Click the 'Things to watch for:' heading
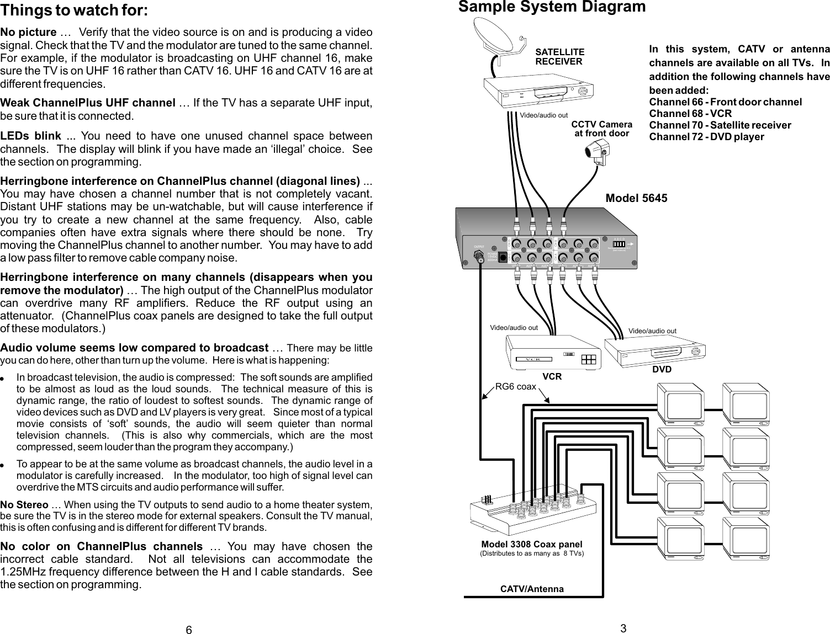point(74,10)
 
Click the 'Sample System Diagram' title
point(552,7)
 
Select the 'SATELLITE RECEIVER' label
point(559,57)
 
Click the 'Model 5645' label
point(636,198)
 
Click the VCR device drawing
point(553,353)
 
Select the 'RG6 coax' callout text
point(515,387)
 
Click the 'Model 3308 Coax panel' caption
point(531,544)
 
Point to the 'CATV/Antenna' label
point(532,589)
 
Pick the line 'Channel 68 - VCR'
point(690,114)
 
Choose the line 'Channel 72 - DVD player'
point(706,137)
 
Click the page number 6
point(188,631)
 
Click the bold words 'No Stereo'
point(24,505)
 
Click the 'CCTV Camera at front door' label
point(601,129)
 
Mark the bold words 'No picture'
point(28,33)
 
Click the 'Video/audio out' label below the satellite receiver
point(544,116)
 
